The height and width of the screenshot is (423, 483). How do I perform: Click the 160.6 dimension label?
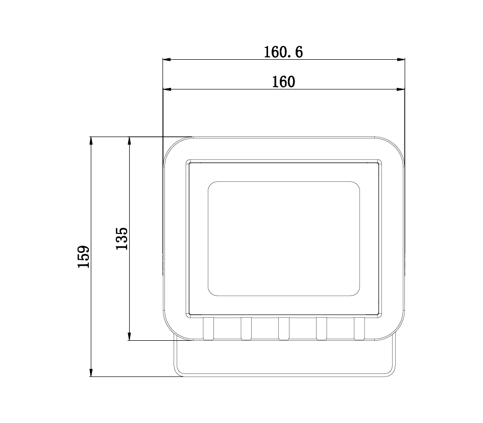pos(283,52)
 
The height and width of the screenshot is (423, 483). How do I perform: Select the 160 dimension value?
pos(283,82)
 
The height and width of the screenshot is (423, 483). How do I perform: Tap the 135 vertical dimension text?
pos(122,239)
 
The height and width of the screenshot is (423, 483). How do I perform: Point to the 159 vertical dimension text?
pos(83,256)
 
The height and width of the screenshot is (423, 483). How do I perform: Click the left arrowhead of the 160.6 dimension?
pos(166,59)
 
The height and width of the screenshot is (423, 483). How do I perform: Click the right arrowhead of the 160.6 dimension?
pos(401,59)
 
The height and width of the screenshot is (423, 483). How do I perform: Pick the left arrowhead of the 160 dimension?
pos(166,89)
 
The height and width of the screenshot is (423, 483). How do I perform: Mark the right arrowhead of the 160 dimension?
pos(400,89)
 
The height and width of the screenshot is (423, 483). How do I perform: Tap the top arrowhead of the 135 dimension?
pos(129,140)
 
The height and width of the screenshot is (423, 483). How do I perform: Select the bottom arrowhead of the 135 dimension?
pos(129,336)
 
